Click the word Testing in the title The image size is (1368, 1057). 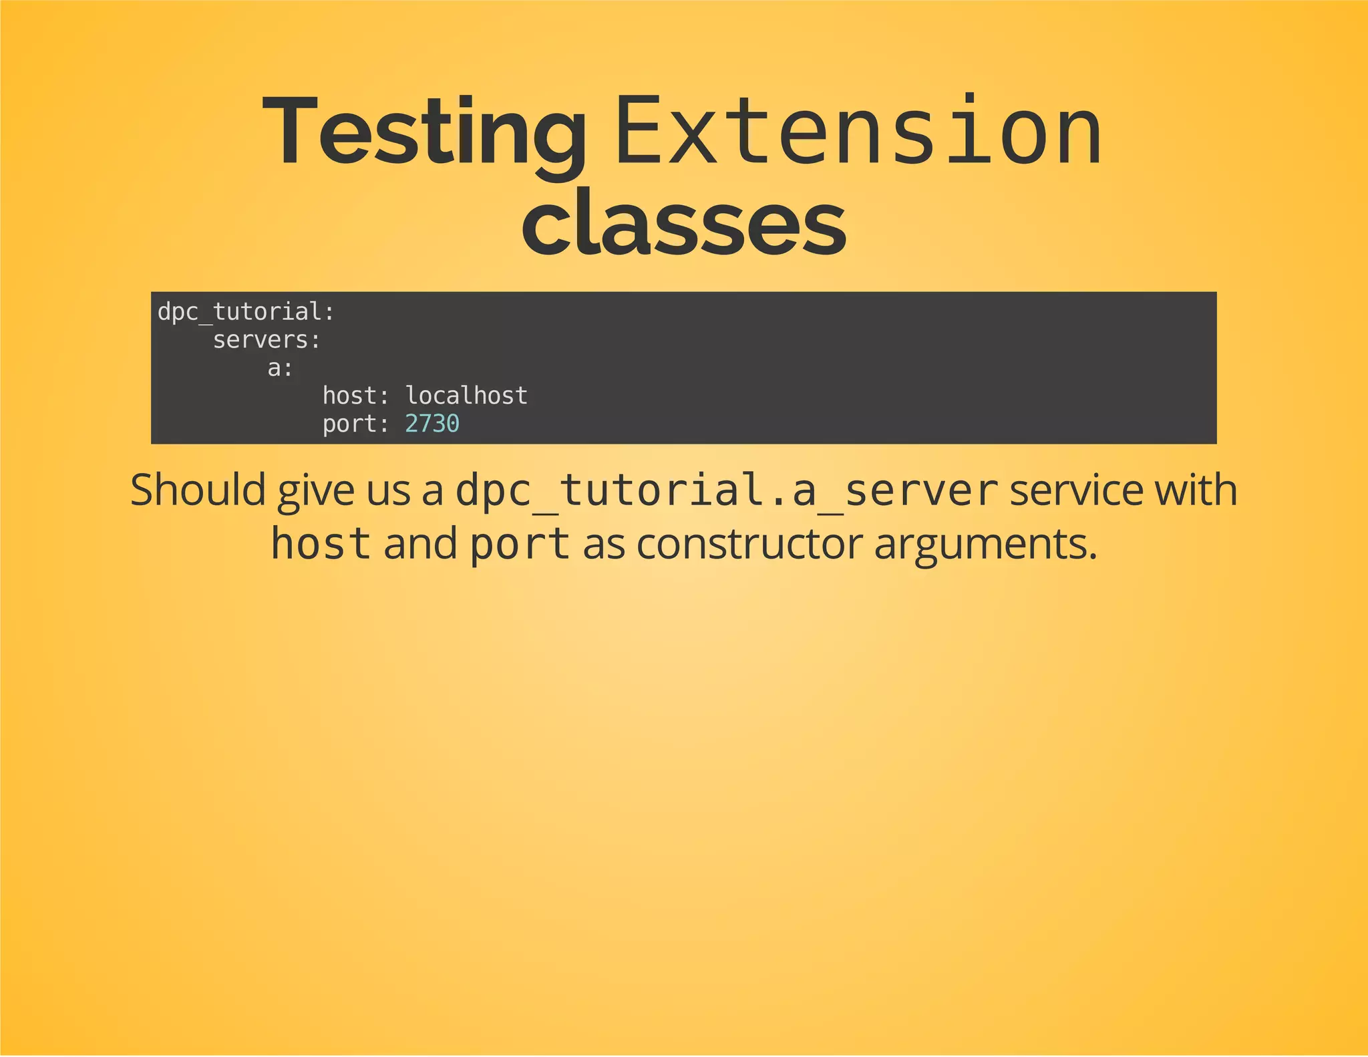tap(425, 132)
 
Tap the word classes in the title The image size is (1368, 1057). tap(683, 222)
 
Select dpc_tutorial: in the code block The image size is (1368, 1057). tap(246, 312)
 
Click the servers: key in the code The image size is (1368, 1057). tap(267, 340)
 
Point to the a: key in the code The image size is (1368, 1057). tap(281, 368)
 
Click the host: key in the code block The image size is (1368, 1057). tap(356, 396)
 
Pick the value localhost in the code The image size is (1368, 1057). tap(466, 396)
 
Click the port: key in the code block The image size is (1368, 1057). tap(356, 424)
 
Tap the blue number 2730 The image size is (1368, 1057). tap(432, 424)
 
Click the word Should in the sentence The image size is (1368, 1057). tap(198, 490)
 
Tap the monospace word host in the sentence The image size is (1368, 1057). tap(321, 544)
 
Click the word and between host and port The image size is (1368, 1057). tap(420, 544)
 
